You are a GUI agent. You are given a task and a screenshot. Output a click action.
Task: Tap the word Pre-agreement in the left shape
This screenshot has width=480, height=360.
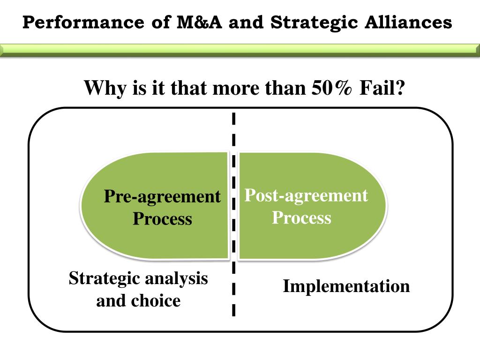pos(162,196)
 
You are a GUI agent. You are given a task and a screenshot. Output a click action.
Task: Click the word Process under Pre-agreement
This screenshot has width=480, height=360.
pos(162,218)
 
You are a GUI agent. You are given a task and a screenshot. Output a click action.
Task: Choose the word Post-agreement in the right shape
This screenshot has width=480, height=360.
pos(306,195)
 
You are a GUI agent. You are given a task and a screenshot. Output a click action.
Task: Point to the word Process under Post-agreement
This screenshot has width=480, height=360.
pos(301,217)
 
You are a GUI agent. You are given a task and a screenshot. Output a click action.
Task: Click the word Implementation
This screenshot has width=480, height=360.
pos(346,286)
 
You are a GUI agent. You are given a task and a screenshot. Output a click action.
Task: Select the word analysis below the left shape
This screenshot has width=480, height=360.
pos(176,278)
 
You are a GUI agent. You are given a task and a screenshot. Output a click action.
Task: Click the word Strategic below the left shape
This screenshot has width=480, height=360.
pos(105,278)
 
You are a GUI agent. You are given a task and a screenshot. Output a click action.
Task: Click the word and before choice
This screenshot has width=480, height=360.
pos(111,300)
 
